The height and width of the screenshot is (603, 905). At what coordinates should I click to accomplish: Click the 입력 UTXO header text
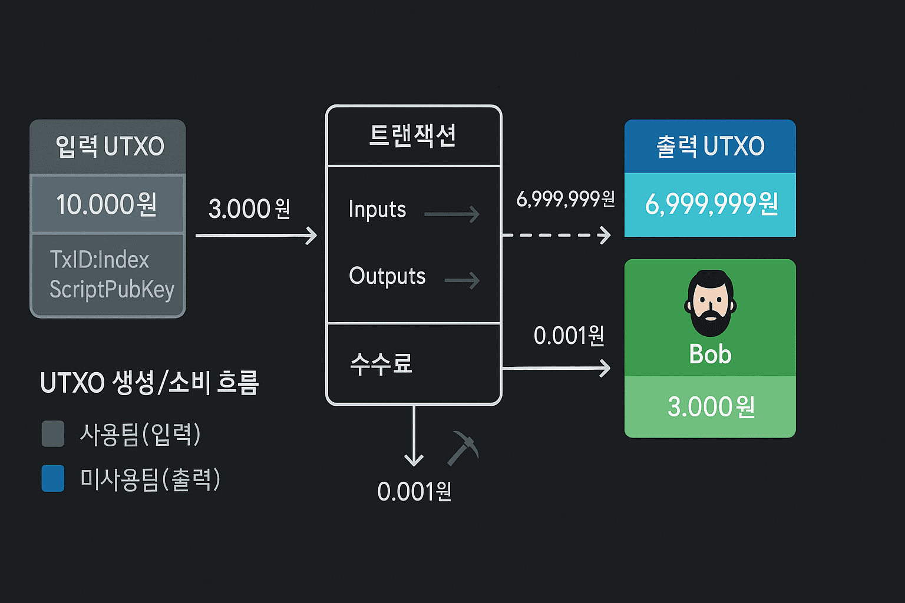click(x=110, y=146)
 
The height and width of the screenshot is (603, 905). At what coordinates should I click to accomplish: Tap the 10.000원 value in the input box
click(x=107, y=204)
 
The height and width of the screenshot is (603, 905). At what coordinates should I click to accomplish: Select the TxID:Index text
click(x=100, y=260)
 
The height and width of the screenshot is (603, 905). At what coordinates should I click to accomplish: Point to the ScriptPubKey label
click(x=112, y=289)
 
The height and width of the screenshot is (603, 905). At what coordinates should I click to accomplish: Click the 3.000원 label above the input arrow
click(x=249, y=208)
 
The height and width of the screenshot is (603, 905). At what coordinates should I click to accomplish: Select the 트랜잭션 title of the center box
click(x=412, y=135)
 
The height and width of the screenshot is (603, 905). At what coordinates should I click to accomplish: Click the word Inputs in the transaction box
click(x=377, y=210)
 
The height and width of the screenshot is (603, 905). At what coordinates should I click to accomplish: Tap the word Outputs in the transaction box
click(x=387, y=276)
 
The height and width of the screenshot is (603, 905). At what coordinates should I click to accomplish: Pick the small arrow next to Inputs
click(x=452, y=214)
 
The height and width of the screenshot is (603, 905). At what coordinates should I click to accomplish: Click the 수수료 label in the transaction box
click(x=381, y=363)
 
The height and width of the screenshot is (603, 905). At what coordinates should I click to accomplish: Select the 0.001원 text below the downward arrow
click(x=414, y=492)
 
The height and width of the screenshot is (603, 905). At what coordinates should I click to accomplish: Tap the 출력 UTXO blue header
click(x=710, y=146)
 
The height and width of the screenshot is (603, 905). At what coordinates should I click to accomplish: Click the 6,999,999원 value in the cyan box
click(x=711, y=204)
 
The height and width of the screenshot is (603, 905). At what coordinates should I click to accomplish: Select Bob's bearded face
click(x=710, y=304)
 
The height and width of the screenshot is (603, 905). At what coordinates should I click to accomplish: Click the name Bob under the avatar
click(x=710, y=354)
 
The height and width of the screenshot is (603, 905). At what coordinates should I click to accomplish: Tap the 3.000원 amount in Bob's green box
click(x=711, y=407)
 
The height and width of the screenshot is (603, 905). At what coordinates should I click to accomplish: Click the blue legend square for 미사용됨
click(x=53, y=478)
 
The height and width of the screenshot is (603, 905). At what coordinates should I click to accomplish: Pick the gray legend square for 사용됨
click(x=53, y=434)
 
